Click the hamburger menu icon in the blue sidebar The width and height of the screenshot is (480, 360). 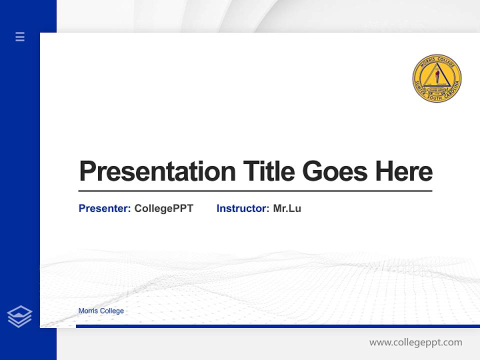coord(20,36)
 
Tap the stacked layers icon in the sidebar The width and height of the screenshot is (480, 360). coord(19,316)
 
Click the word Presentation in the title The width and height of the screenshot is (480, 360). coord(157,171)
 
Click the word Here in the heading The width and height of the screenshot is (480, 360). coord(404,171)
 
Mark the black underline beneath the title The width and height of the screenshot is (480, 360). coord(255,191)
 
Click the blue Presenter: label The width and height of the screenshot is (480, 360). coord(104,208)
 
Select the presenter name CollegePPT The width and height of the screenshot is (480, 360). coord(163,208)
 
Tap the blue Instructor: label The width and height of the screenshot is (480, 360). coord(242,208)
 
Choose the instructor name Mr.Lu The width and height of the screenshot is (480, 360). coord(287,208)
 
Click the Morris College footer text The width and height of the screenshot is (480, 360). coord(101,311)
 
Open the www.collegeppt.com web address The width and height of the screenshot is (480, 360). coord(415,342)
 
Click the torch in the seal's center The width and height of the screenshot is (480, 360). coord(437,76)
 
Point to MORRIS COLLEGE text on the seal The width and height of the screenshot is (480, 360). coord(437,60)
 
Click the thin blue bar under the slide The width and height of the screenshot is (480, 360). coord(277,326)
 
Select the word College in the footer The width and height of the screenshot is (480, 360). coord(111,311)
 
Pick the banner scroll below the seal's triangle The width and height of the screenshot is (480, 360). coord(437,90)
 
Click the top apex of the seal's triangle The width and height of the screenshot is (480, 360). coord(437,64)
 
